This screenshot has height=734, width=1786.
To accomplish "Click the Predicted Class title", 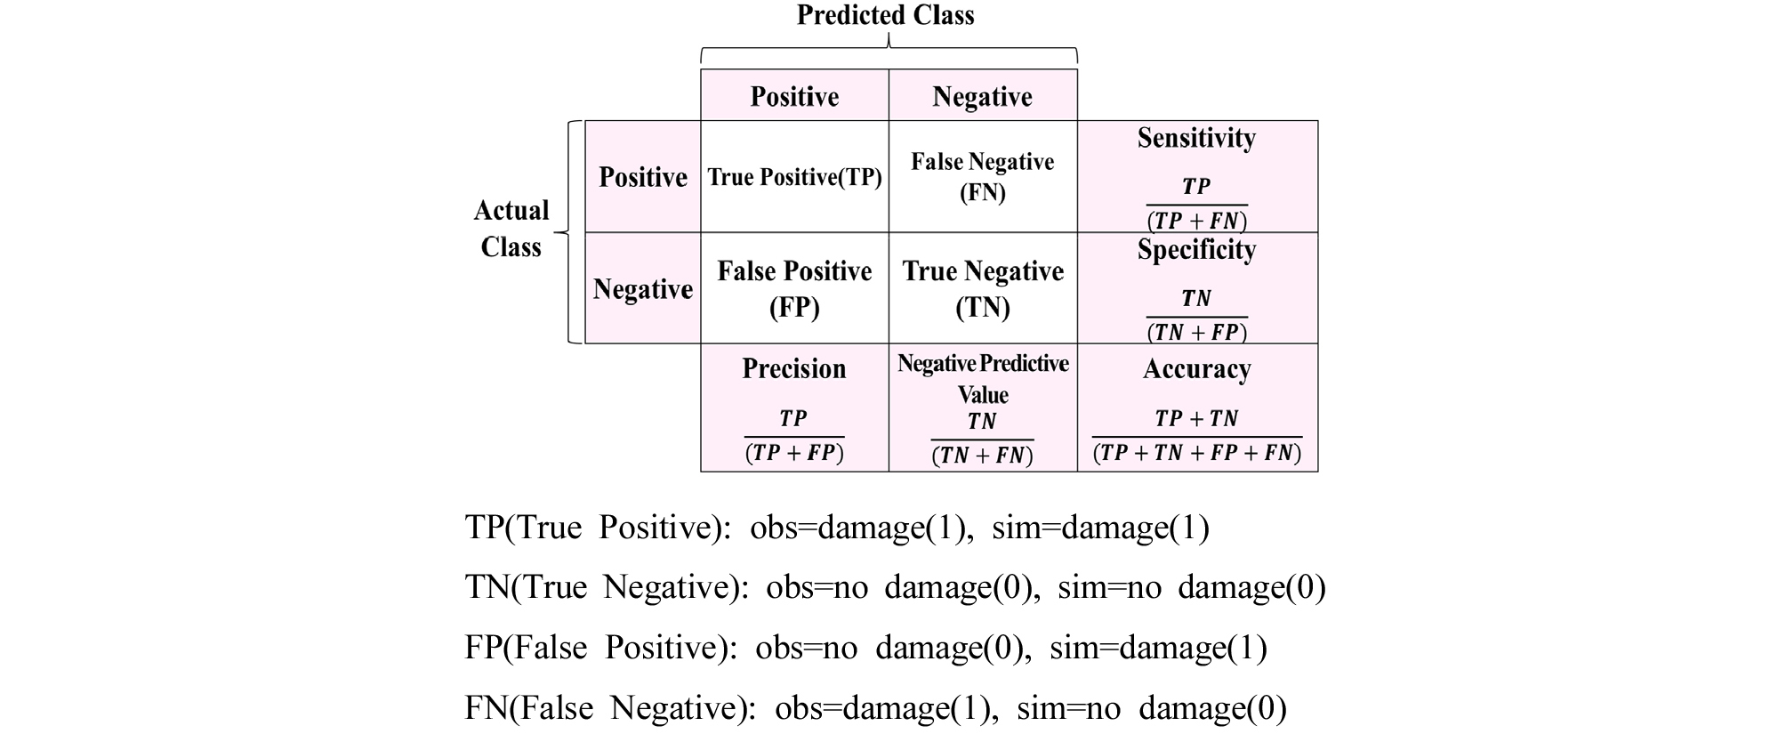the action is click(x=885, y=15).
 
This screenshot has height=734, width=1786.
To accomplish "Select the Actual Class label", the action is click(x=511, y=229).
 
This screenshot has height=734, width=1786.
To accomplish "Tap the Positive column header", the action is click(x=794, y=96).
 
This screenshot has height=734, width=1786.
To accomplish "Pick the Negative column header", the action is click(x=982, y=96).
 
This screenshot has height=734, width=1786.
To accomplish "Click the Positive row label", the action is click(x=643, y=177).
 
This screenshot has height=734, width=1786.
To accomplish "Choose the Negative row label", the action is click(x=643, y=289).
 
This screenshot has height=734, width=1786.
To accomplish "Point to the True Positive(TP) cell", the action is click(x=794, y=177).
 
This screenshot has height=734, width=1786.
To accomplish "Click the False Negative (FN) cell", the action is click(x=982, y=177).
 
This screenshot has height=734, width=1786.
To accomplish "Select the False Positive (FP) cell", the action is click(x=794, y=289).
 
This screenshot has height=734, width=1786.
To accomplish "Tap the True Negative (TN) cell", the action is click(x=983, y=289).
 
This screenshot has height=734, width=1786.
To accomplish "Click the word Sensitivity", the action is click(x=1196, y=138).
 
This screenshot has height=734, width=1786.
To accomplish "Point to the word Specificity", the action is click(x=1196, y=250).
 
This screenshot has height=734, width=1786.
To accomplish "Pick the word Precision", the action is click(x=794, y=368).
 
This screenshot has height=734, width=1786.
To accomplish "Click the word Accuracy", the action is click(x=1196, y=368).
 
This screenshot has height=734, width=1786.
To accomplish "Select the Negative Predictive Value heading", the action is click(x=983, y=378).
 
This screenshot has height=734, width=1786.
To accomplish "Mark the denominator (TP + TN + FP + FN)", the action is click(x=1196, y=453).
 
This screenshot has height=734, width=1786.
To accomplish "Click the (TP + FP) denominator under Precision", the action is click(x=794, y=453).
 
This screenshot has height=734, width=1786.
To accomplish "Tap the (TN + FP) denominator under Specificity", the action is click(x=1196, y=332).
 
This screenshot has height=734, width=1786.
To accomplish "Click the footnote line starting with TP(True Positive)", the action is click(x=837, y=528).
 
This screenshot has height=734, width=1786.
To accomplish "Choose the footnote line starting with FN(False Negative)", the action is click(x=875, y=708).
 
